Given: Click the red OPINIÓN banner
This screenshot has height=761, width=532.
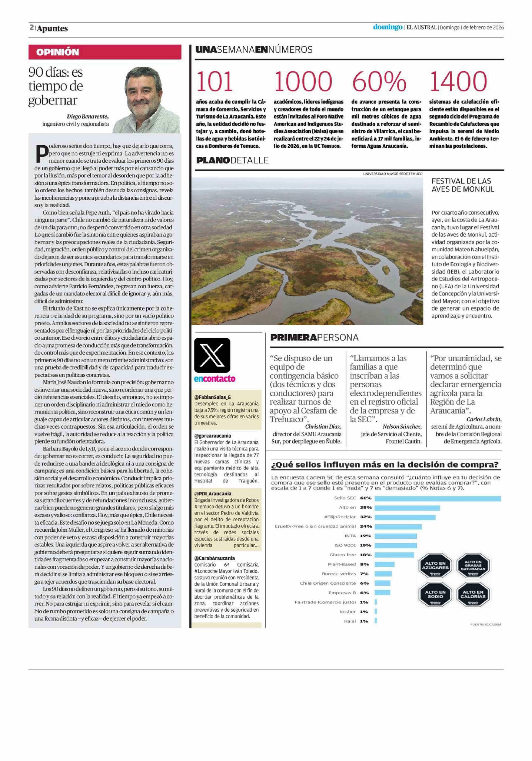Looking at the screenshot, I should (105, 52).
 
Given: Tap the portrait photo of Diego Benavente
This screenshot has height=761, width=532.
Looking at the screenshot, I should (152, 99).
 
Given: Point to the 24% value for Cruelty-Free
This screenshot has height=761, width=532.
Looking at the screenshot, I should (366, 526).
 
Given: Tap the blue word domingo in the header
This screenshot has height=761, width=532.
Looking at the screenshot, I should (388, 27).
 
